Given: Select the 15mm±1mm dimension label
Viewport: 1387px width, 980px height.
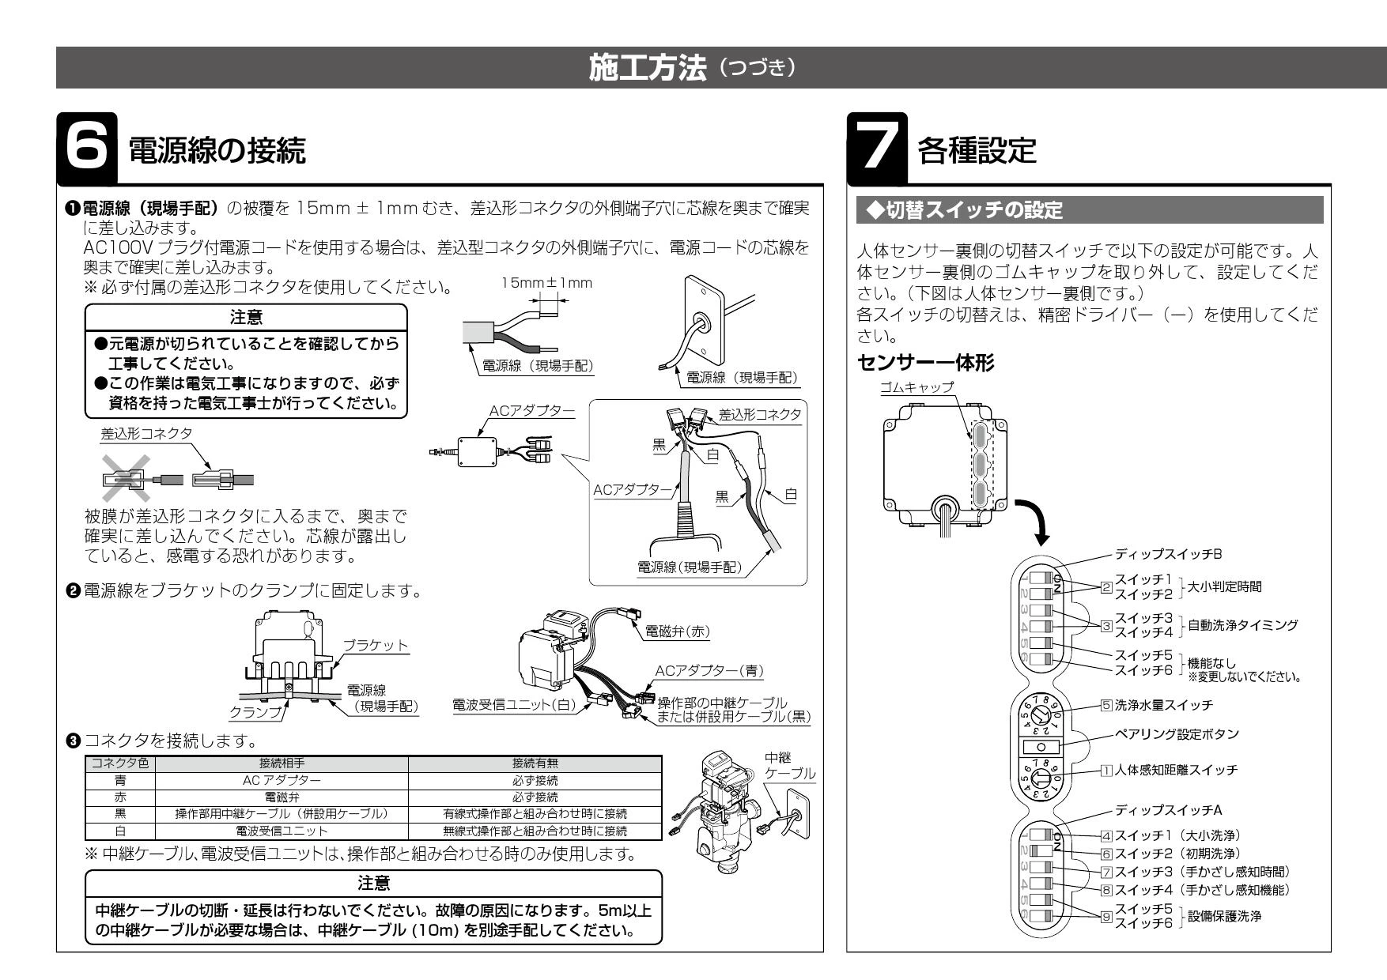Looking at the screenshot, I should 546,283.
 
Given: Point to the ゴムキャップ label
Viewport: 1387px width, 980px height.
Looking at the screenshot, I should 917,387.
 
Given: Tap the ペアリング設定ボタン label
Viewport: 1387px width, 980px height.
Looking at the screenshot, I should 1177,734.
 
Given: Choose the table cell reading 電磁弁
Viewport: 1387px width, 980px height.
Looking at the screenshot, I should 282,797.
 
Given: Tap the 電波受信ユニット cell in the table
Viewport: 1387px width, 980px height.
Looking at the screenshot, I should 282,831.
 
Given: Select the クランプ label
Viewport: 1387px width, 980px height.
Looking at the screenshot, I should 255,713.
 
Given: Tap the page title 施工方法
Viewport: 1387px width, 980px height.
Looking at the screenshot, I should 648,69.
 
